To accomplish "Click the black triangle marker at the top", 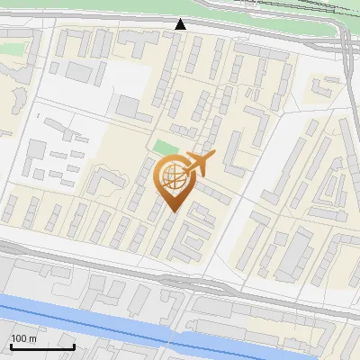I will (181, 24).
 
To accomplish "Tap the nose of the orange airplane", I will (213, 157).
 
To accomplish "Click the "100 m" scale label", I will (23, 338).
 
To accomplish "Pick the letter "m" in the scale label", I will (32, 338).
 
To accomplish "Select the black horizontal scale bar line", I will (41, 346).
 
